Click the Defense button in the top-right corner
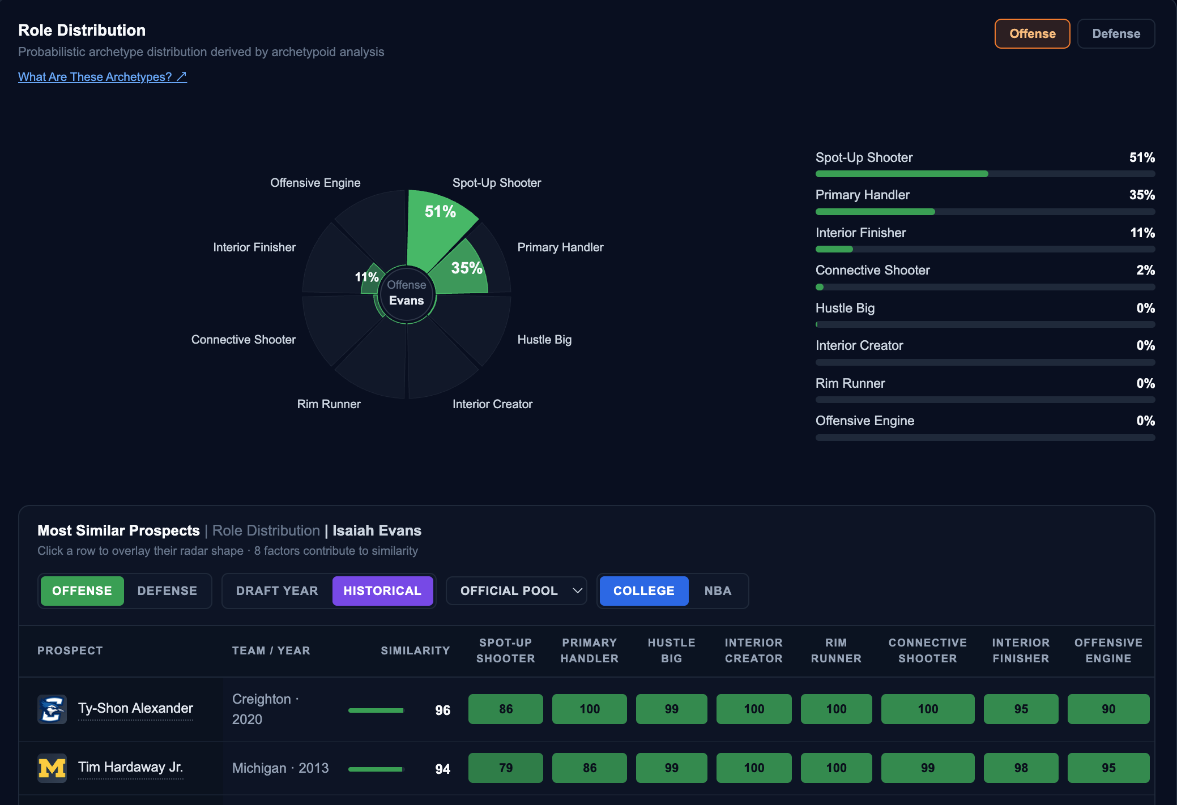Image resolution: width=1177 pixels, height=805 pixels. tap(1116, 34)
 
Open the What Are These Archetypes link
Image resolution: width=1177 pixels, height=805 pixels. tap(103, 77)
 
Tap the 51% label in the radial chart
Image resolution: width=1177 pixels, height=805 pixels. tap(440, 212)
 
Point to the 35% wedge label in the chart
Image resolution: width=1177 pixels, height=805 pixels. tap(467, 268)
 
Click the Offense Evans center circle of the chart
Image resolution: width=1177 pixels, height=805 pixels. tap(407, 293)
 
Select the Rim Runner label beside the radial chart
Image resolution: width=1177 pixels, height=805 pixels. tap(329, 404)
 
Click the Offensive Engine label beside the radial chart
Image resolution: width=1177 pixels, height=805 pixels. tap(315, 183)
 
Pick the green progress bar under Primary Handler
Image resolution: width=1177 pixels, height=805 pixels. tap(875, 212)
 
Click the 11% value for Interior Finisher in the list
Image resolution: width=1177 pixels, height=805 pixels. tap(1142, 233)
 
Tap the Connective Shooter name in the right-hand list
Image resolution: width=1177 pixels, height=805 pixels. tap(872, 271)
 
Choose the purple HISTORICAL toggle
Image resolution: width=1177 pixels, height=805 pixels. tap(382, 591)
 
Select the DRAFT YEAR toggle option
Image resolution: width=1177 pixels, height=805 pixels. tap(277, 591)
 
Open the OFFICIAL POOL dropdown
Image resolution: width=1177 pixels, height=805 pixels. tap(516, 591)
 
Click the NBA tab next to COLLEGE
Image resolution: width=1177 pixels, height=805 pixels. tap(718, 591)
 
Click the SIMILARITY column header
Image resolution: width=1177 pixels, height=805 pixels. tap(415, 651)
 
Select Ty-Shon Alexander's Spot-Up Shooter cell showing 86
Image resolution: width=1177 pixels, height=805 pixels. tap(506, 709)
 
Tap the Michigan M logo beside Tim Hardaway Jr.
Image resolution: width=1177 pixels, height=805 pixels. tap(52, 768)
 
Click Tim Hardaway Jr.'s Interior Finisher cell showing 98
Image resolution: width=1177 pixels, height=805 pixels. tap(1021, 768)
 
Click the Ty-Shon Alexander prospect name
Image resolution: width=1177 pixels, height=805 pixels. tap(135, 709)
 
